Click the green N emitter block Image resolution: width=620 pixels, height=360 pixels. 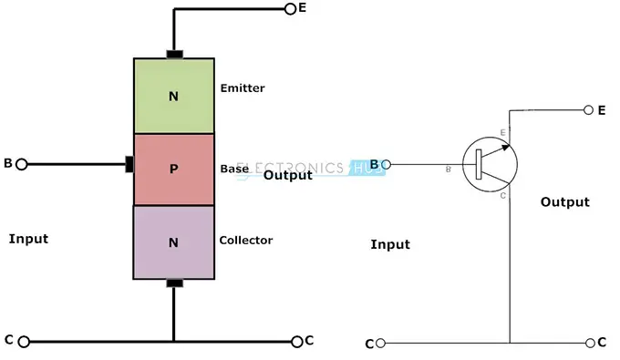tap(173, 96)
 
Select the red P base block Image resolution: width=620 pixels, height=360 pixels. tap(173, 169)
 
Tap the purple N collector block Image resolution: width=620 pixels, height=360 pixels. tap(173, 242)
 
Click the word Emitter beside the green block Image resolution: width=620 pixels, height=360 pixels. tap(243, 88)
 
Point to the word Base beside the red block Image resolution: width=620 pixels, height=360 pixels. tap(234, 169)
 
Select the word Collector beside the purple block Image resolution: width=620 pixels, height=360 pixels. tap(245, 241)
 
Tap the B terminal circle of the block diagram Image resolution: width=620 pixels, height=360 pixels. tap(22, 164)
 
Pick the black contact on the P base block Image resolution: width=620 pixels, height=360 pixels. tap(129, 164)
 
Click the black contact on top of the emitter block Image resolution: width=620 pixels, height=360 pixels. tap(173, 53)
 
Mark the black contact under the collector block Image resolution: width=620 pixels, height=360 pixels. tap(173, 283)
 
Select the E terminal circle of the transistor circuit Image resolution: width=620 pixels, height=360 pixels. tap(588, 110)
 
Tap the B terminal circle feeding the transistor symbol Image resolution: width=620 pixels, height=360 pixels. tap(387, 165)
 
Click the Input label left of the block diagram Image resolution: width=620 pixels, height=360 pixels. tap(28, 239)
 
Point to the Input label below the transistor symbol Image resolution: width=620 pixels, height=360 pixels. tap(390, 244)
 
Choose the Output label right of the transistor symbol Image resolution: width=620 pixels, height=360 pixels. tap(564, 202)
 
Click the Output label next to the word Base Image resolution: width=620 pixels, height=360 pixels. tap(287, 175)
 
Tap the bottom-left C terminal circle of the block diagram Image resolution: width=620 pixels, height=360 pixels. tap(24, 342)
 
